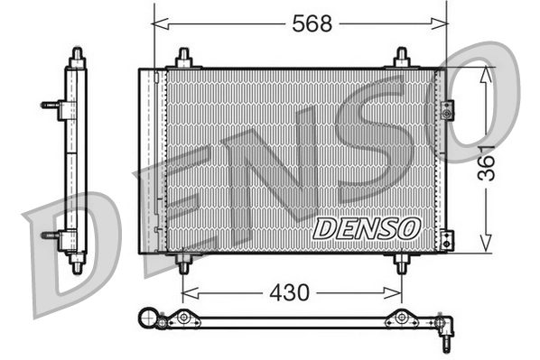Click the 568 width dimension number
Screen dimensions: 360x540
[312, 24]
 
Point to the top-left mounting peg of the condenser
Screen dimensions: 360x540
[183, 58]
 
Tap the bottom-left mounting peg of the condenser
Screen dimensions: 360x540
[183, 263]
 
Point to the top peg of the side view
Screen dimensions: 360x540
[76, 57]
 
